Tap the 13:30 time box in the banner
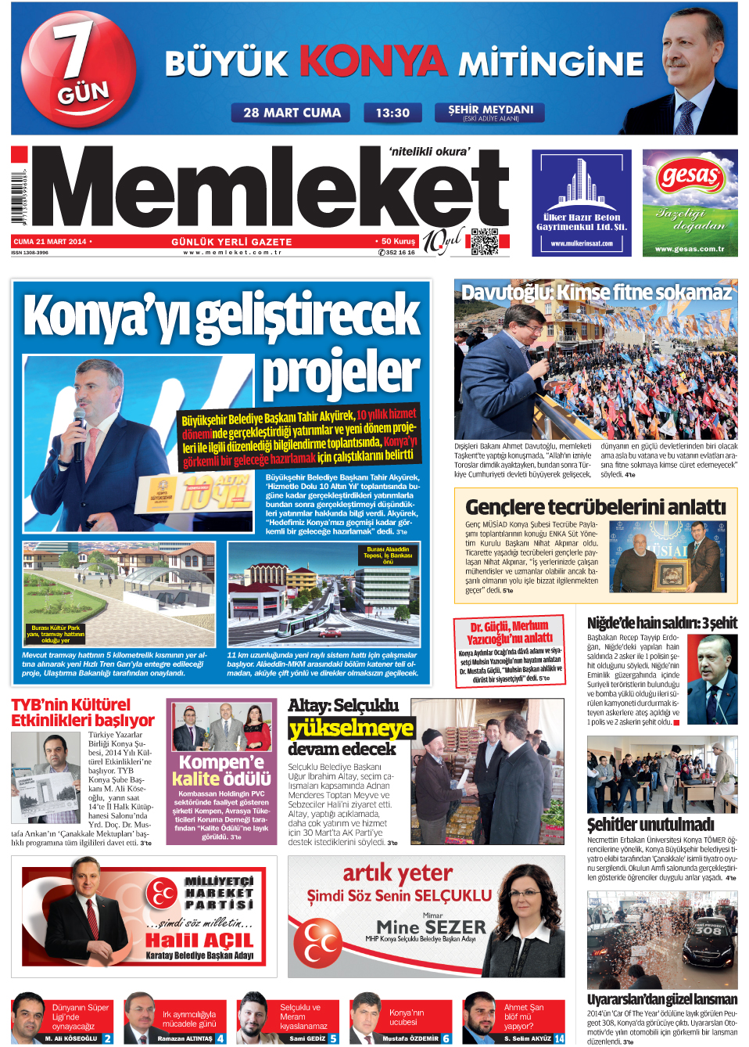point(392,113)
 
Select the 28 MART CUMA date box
point(292,113)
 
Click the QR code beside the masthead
point(485,242)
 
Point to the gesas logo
point(690,175)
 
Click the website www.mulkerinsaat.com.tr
point(582,243)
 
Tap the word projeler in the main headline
point(341,373)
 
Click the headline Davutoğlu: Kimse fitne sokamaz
point(596,293)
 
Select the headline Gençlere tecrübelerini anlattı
point(596,507)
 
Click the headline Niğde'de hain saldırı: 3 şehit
point(661,623)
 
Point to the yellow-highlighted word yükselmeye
point(351,729)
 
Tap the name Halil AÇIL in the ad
point(199,940)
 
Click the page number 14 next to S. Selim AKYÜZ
point(559,1038)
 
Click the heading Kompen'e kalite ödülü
point(222,770)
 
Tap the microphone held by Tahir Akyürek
point(79,422)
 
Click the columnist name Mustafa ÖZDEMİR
point(410,1038)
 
